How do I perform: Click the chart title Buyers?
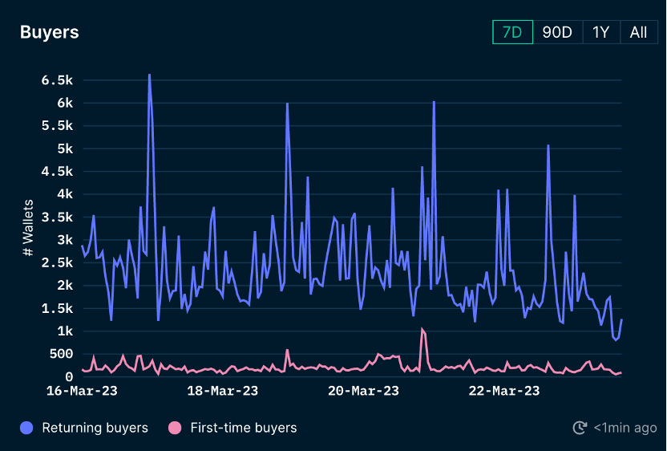[x=50, y=32]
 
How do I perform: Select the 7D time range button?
[x=512, y=32]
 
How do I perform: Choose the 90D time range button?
[x=557, y=32]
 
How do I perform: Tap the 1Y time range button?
[x=600, y=32]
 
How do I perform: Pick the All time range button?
[x=638, y=32]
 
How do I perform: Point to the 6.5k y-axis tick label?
[x=57, y=80]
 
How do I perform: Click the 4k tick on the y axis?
[x=63, y=194]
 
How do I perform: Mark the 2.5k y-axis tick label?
[x=57, y=240]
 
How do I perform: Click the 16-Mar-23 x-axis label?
[x=82, y=391]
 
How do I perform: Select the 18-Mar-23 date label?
[x=222, y=391]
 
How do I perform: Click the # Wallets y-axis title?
[x=28, y=228]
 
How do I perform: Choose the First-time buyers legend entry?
[x=233, y=428]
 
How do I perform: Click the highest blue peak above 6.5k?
[x=149, y=75]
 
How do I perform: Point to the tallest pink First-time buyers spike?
[x=422, y=329]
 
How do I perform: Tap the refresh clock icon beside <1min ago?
[x=580, y=428]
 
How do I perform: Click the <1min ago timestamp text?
[x=625, y=428]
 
